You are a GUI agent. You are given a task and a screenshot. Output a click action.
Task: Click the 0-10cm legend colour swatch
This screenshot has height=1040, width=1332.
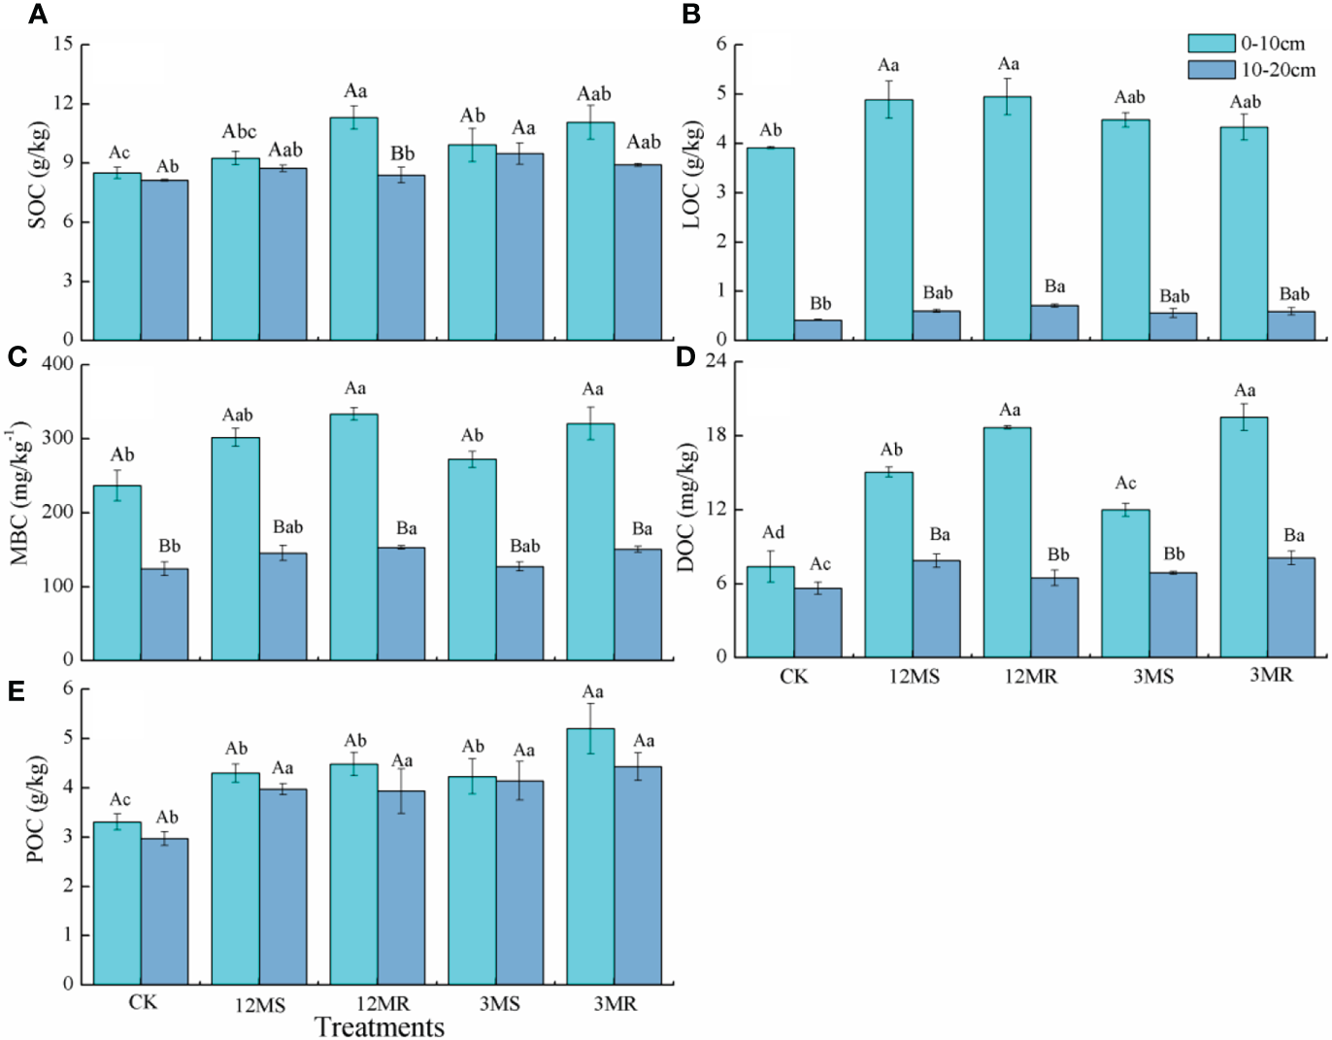(x=1211, y=43)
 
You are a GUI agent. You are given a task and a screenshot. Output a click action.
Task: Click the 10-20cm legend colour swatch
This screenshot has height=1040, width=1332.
(x=1211, y=70)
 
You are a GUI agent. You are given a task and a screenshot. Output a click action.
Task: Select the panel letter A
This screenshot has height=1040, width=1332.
(x=37, y=15)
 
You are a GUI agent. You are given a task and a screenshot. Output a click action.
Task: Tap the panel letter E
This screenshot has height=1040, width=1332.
(x=16, y=690)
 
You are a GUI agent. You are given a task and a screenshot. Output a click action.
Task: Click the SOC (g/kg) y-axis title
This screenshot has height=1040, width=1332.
(x=37, y=176)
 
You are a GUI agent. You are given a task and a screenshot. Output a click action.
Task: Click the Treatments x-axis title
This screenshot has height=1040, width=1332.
(x=380, y=1026)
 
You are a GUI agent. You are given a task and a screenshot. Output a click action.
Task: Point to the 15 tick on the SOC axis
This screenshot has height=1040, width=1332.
(x=63, y=44)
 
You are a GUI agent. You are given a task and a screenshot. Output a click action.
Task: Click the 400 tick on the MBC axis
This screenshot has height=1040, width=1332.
(x=57, y=364)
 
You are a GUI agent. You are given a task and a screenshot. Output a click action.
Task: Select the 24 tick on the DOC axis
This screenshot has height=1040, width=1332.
(x=716, y=361)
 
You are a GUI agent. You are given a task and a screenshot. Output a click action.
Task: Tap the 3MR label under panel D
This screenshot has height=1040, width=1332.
(x=1271, y=675)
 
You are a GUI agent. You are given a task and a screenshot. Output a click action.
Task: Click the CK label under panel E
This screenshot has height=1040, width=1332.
(x=143, y=1002)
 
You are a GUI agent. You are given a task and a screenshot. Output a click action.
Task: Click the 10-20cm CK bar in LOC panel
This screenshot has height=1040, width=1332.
(x=817, y=330)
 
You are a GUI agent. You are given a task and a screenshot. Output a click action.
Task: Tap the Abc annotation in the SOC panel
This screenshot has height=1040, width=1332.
(x=239, y=132)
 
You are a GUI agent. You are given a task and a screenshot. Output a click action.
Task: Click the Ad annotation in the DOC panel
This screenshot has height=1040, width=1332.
(x=773, y=532)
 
